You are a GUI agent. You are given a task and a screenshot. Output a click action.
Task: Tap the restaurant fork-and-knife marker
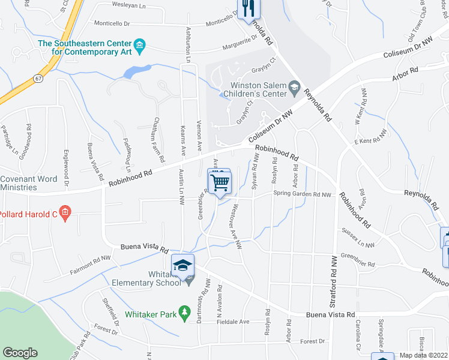click(x=249, y=8)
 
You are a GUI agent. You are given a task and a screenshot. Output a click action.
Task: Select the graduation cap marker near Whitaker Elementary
click(x=182, y=264)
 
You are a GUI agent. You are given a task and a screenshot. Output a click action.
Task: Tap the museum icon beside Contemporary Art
click(x=139, y=44)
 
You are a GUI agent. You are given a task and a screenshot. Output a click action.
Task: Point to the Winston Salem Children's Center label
click(x=254, y=89)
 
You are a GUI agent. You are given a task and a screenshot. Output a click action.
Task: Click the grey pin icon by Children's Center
click(x=294, y=89)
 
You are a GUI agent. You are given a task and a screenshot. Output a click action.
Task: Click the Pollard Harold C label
click(x=27, y=214)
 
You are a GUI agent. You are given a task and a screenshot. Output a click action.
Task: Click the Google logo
click(x=20, y=353)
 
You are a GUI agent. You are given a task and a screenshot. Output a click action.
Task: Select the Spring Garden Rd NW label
click(x=302, y=194)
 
